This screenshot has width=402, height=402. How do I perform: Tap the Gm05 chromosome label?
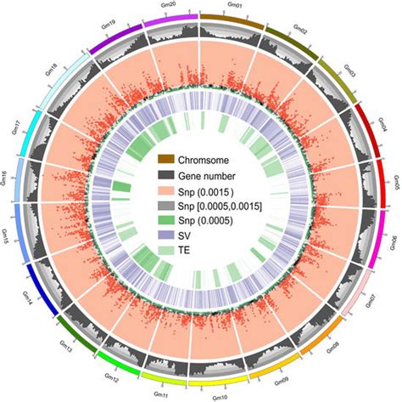(x=394, y=181)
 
